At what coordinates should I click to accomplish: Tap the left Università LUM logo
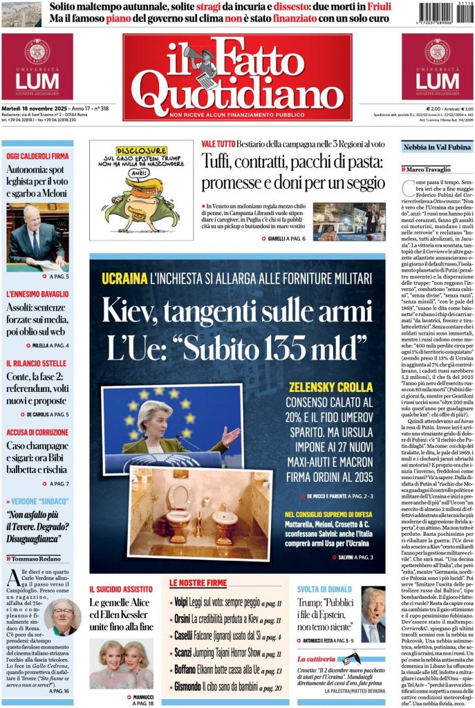[37, 67]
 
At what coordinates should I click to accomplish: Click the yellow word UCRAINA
[123, 279]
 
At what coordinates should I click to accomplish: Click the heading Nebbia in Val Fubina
[437, 147]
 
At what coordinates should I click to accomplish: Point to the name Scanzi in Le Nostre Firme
[183, 653]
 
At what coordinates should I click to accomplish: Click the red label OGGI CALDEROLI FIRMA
[37, 156]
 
